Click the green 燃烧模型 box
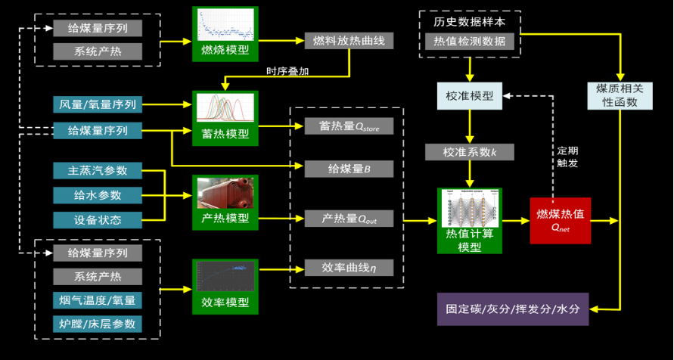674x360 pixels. click(x=225, y=35)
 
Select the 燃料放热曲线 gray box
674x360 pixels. click(x=349, y=41)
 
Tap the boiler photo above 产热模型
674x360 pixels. click(x=225, y=193)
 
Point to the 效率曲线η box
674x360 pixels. click(x=349, y=268)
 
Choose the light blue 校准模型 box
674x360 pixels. click(x=470, y=96)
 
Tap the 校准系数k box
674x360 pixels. click(x=470, y=152)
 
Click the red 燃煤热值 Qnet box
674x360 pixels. click(x=560, y=219)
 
